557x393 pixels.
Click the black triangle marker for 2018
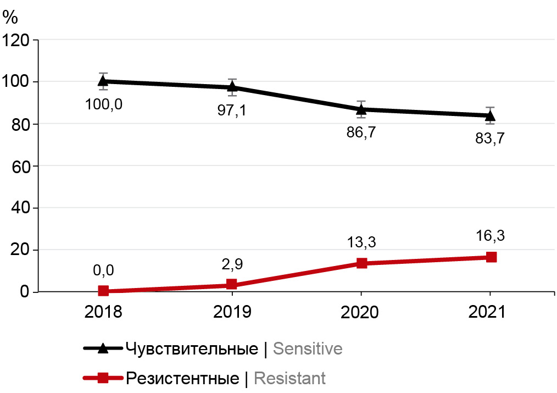click(x=103, y=81)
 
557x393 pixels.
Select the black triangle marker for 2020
click(x=361, y=109)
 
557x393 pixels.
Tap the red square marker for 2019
click(x=232, y=284)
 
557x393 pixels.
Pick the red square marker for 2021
click(x=491, y=257)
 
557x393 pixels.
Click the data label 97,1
click(x=232, y=110)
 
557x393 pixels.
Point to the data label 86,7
click(x=361, y=133)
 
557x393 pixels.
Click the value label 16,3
click(x=491, y=236)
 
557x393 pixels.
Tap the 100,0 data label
click(x=103, y=103)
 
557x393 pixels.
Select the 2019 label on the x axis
click(x=232, y=312)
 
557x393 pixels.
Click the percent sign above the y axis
click(x=10, y=17)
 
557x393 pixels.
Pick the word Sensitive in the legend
click(x=307, y=349)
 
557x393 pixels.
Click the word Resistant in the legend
click(x=289, y=378)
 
